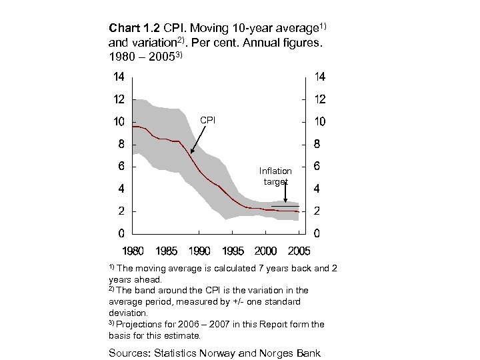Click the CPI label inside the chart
coord(208,120)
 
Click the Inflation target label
coord(276,176)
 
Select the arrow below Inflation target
coord(285,192)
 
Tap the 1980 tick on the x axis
coord(133,251)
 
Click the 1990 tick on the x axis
coord(199,251)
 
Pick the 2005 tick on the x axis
coord(298,251)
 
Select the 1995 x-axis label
coord(233,251)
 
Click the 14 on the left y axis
coord(118,77)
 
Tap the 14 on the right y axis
coord(319,77)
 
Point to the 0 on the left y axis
coord(121,233)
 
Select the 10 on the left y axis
coord(118,122)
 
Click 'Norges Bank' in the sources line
coord(291,353)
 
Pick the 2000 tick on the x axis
coord(265,251)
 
